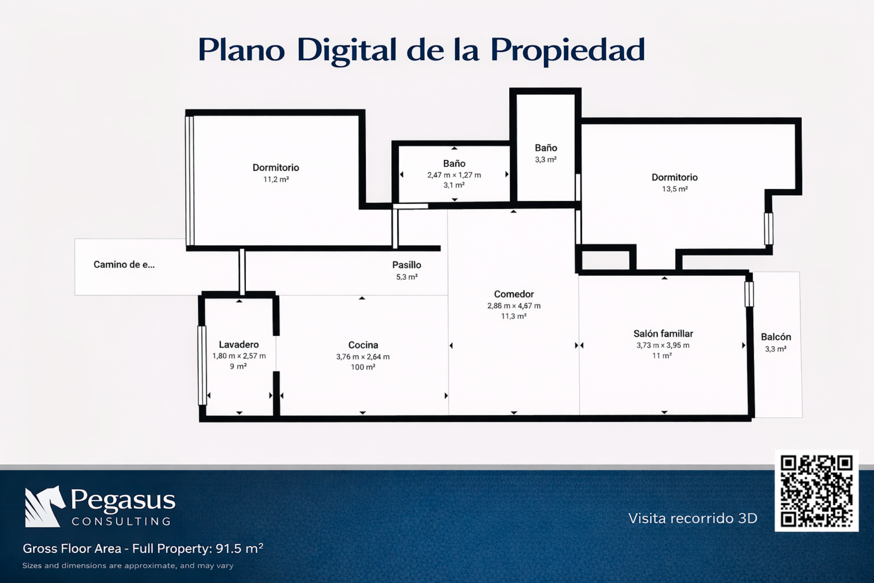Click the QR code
tap(816, 491)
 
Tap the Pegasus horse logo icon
tap(44, 507)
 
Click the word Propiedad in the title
tap(567, 50)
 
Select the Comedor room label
tap(514, 294)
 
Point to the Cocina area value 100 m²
tap(363, 367)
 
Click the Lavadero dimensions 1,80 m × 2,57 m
tap(239, 356)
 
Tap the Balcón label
tap(775, 337)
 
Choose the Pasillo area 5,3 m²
tap(407, 277)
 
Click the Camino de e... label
tap(124, 265)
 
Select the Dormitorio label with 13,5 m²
tap(674, 178)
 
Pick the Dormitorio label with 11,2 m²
tap(276, 168)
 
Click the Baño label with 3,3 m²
tap(546, 148)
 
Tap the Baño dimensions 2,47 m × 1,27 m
tap(454, 175)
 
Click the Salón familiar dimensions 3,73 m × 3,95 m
tap(663, 346)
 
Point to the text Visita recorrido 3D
tap(693, 519)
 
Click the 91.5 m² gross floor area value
tap(239, 548)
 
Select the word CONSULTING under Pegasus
tap(121, 521)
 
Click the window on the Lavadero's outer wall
tap(202, 365)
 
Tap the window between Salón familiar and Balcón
tap(749, 294)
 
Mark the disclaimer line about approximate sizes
tap(128, 566)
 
